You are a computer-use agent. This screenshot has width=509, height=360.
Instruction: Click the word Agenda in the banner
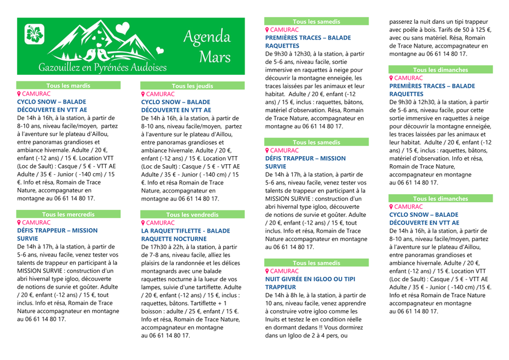tap(207, 37)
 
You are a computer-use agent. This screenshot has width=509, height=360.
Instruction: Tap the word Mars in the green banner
tap(215, 57)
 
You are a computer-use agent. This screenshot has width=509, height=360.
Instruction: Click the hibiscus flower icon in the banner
tap(35, 35)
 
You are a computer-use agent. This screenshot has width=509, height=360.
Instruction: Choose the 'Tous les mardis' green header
tap(69, 85)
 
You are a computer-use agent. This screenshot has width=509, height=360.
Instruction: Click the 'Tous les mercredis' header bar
tap(69, 215)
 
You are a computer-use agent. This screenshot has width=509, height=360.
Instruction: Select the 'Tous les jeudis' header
tap(193, 86)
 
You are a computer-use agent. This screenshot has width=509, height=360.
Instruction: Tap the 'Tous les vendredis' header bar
tap(193, 215)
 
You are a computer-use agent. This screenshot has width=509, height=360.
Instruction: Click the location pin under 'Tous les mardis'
tap(19, 94)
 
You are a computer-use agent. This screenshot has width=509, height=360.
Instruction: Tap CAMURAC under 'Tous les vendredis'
tap(160, 223)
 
